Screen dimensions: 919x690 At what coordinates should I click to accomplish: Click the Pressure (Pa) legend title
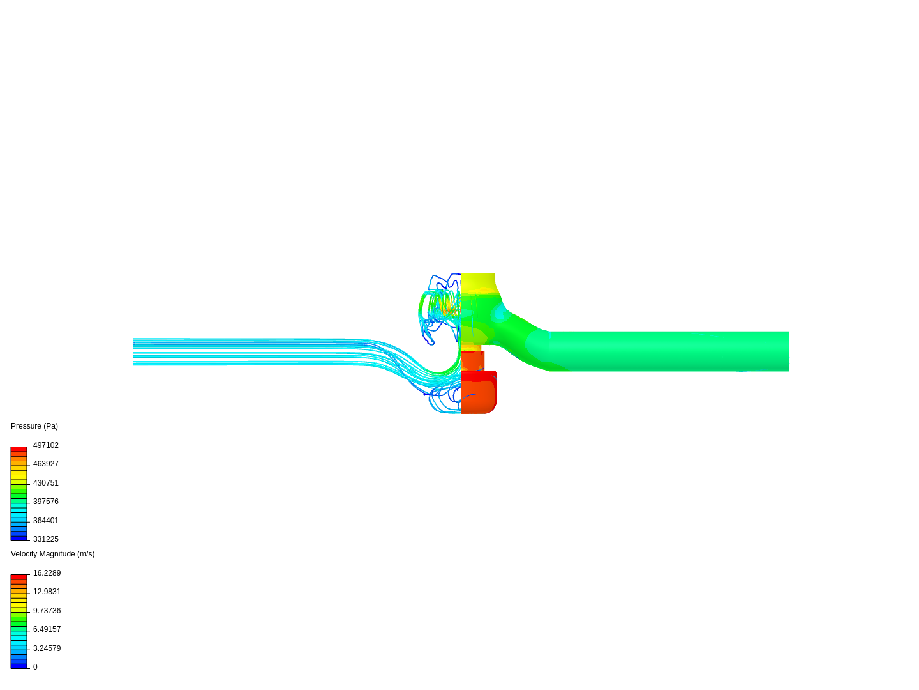(34, 426)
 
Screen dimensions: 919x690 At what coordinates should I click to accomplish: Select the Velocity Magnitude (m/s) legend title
(53, 554)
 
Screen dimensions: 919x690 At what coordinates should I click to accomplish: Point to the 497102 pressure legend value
(46, 445)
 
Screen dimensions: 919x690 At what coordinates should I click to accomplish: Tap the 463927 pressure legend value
(46, 464)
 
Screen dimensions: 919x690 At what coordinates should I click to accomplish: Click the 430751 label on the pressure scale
(46, 483)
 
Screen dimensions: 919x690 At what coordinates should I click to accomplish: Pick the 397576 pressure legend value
(46, 502)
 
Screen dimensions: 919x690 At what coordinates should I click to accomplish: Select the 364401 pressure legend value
(46, 521)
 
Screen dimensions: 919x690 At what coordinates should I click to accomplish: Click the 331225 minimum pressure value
(46, 539)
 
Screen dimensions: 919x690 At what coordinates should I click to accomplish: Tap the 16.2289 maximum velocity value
(47, 573)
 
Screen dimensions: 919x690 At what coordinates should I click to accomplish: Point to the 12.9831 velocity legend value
(47, 592)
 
